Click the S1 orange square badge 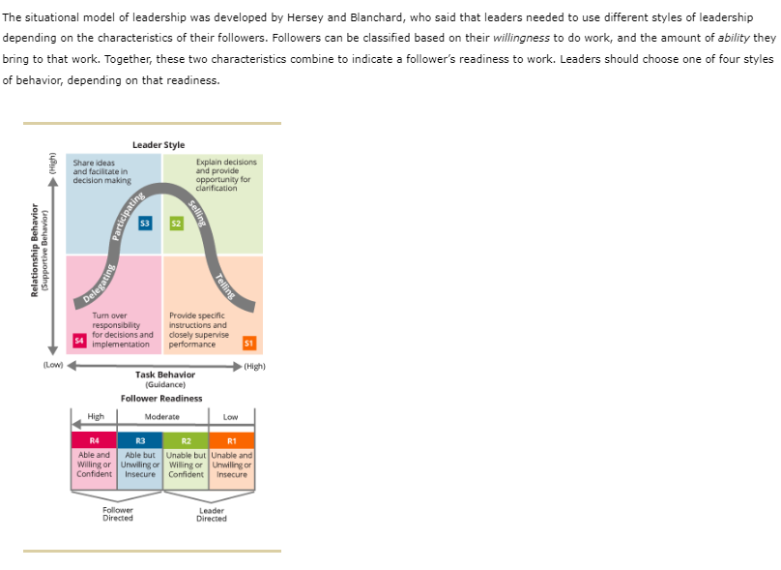pyautogui.click(x=248, y=342)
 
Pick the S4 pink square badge pyautogui.click(x=79, y=340)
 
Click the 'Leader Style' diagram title pyautogui.click(x=159, y=145)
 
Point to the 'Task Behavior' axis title pyautogui.click(x=165, y=375)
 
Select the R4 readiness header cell pyautogui.click(x=95, y=440)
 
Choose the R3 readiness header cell pyautogui.click(x=140, y=440)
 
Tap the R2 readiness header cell pyautogui.click(x=186, y=440)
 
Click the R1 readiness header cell pyautogui.click(x=232, y=440)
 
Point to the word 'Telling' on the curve pyautogui.click(x=225, y=286)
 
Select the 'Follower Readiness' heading pyautogui.click(x=161, y=398)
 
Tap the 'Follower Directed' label pyautogui.click(x=118, y=514)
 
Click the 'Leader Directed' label pyautogui.click(x=211, y=514)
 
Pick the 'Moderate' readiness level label pyautogui.click(x=161, y=417)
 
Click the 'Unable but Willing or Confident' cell pyautogui.click(x=186, y=465)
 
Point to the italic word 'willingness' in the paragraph pyautogui.click(x=523, y=38)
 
